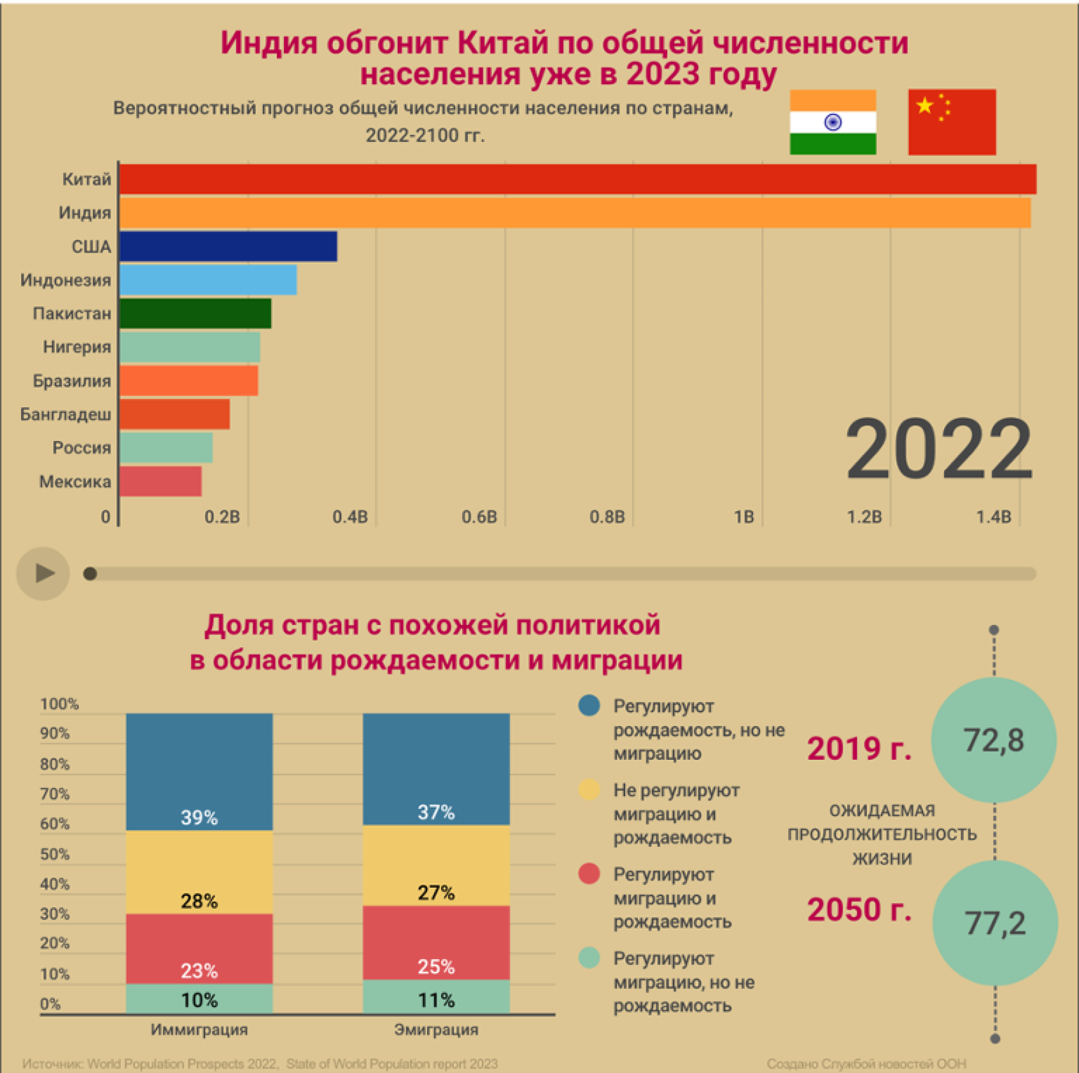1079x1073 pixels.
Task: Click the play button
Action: pyautogui.click(x=43, y=573)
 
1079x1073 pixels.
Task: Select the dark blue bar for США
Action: pyautogui.click(x=228, y=247)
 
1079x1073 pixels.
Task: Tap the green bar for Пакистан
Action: pyautogui.click(x=196, y=314)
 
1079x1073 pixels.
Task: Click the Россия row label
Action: pyautogui.click(x=81, y=448)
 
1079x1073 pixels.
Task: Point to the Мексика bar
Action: pyautogui.click(x=160, y=481)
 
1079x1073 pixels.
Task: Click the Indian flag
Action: pyautogui.click(x=832, y=122)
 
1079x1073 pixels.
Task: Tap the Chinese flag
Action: pyautogui.click(x=952, y=122)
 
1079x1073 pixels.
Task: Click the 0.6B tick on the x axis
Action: pyautogui.click(x=479, y=517)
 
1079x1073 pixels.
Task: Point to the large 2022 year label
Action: pyautogui.click(x=938, y=449)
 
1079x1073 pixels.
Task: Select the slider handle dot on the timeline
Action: pyautogui.click(x=90, y=574)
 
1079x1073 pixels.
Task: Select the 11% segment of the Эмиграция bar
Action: pyautogui.click(x=436, y=998)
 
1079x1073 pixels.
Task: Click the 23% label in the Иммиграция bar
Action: pyautogui.click(x=199, y=971)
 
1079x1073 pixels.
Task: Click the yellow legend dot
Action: pyautogui.click(x=589, y=790)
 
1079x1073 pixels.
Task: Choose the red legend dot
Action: pyautogui.click(x=589, y=874)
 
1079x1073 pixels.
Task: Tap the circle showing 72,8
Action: pyautogui.click(x=993, y=740)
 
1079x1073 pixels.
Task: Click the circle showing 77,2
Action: pyautogui.click(x=995, y=923)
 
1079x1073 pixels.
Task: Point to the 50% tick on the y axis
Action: pyautogui.click(x=54, y=854)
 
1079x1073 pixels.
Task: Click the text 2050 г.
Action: pyautogui.click(x=859, y=909)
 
